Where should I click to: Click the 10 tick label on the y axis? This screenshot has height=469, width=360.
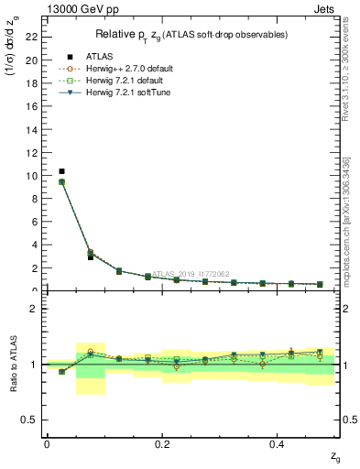pyautogui.click(x=34, y=175)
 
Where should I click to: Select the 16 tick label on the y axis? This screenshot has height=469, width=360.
pyautogui.click(x=34, y=106)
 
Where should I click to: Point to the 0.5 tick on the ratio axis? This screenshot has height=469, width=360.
pyautogui.click(x=33, y=420)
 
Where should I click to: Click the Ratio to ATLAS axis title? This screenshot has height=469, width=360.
pyautogui.click(x=14, y=364)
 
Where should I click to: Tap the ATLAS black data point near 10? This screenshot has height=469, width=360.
pyautogui.click(x=61, y=171)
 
